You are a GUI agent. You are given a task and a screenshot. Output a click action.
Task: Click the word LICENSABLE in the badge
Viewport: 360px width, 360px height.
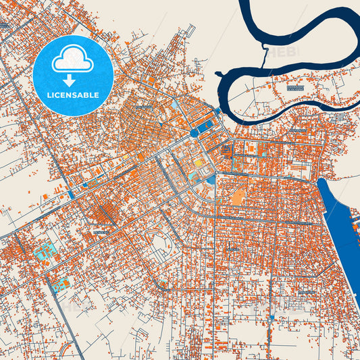tap(73, 95)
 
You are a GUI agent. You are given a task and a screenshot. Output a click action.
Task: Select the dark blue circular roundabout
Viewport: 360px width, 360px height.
tap(195, 133)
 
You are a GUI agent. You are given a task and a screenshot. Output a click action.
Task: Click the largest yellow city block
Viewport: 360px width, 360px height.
tap(199, 163)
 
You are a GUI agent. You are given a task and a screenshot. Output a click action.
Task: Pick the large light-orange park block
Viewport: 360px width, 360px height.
tap(238, 196)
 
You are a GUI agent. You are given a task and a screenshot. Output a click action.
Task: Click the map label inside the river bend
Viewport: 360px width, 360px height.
tap(294, 87)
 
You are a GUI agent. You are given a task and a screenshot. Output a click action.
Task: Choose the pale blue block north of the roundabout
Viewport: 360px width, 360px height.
tap(176, 105)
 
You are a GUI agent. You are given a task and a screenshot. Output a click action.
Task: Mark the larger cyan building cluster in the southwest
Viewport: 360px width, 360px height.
tap(46, 252)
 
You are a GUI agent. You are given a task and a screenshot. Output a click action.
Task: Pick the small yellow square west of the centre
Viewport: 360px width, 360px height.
tap(124, 156)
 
